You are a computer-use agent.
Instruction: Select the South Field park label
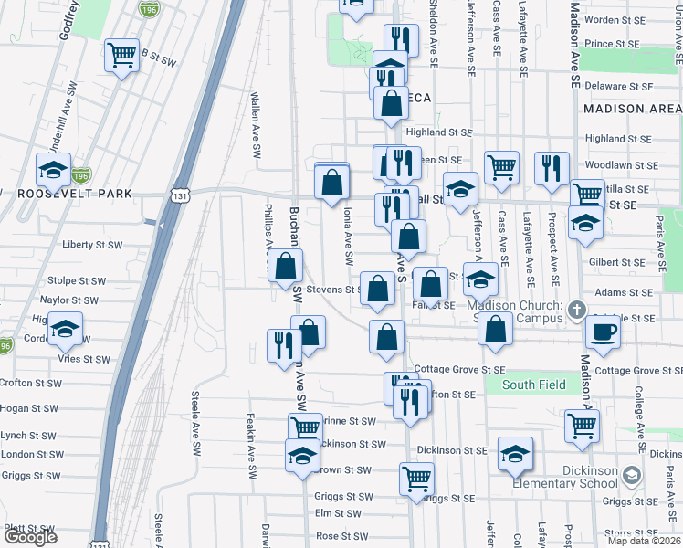(x=531, y=385)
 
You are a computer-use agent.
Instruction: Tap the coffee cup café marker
(x=603, y=332)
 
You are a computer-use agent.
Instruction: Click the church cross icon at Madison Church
(x=576, y=311)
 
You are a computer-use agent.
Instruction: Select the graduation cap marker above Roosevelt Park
(x=53, y=169)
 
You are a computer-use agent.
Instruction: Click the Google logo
(x=30, y=537)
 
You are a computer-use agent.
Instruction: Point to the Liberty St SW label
(x=91, y=245)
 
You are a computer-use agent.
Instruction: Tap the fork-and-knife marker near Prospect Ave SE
(x=552, y=169)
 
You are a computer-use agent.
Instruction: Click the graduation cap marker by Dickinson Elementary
(x=515, y=453)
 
